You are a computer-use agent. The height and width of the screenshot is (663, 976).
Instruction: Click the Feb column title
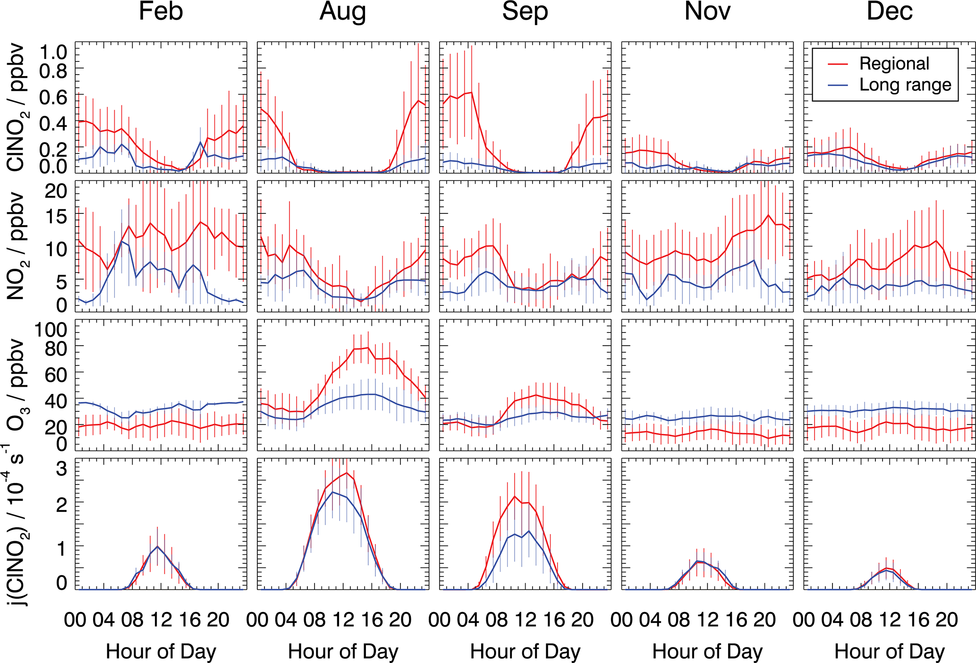coord(161,11)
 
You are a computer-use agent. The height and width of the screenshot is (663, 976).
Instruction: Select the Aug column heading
coord(343,11)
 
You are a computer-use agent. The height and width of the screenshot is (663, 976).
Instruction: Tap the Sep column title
coord(525,11)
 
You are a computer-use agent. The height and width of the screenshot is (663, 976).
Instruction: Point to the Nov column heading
coord(707,11)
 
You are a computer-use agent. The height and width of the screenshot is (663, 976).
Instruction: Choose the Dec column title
coord(890,11)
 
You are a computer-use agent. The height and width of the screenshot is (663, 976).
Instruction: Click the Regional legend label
coord(894,64)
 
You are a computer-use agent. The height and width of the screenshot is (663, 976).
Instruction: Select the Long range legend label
coord(905,85)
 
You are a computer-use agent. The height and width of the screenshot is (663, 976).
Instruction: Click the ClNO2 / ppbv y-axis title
coord(16,108)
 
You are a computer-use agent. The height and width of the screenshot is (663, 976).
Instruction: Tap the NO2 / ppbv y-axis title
coord(16,246)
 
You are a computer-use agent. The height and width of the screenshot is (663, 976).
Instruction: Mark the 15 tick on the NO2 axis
coord(56,216)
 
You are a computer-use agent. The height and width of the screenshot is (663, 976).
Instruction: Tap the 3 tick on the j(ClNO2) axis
coord(61,468)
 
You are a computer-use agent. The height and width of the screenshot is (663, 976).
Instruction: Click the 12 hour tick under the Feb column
coord(161,620)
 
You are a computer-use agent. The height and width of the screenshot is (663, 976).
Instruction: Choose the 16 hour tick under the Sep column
coord(554,620)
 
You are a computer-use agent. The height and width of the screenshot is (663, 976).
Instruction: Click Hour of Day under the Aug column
coord(343,652)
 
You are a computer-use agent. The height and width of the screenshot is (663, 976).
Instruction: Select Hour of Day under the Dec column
coord(890,652)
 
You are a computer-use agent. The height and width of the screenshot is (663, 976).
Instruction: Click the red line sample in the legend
coord(838,64)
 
